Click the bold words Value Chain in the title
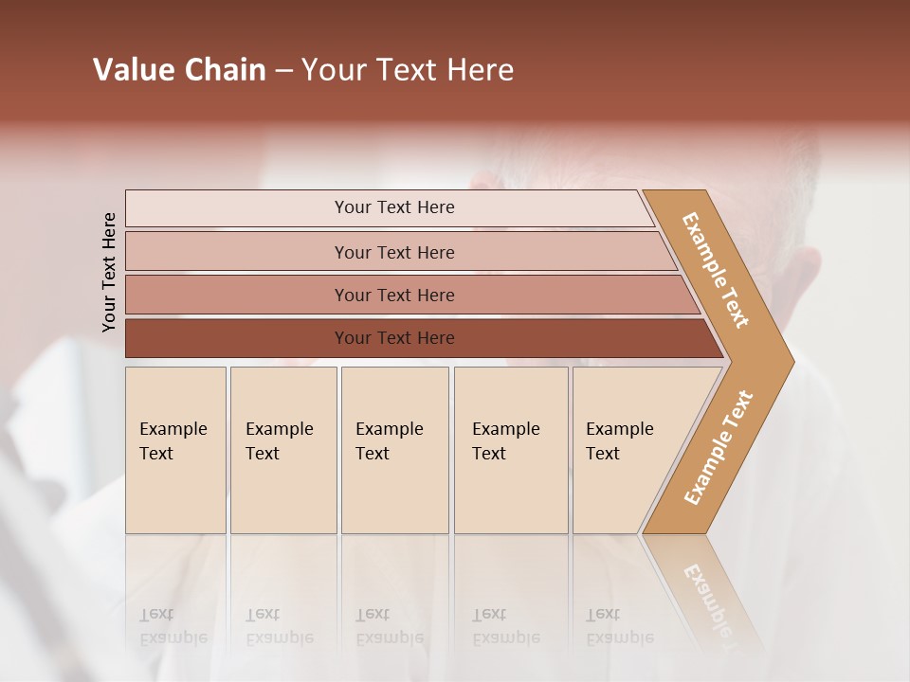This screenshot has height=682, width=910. point(179,70)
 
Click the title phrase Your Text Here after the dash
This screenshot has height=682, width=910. point(408,70)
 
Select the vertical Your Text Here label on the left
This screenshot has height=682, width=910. point(109,272)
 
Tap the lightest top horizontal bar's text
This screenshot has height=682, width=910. point(394,207)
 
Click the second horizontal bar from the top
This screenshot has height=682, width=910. point(394,252)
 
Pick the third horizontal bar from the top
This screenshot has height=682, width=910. point(394,295)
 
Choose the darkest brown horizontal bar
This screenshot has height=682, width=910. point(394,338)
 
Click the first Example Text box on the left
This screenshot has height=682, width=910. point(175,450)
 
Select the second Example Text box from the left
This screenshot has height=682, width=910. point(282,450)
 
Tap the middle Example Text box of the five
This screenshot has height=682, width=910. point(393,450)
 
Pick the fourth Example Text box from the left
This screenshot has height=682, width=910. point(510,450)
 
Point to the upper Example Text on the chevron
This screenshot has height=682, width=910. point(716,270)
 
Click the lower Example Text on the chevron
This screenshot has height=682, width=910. point(719,447)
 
